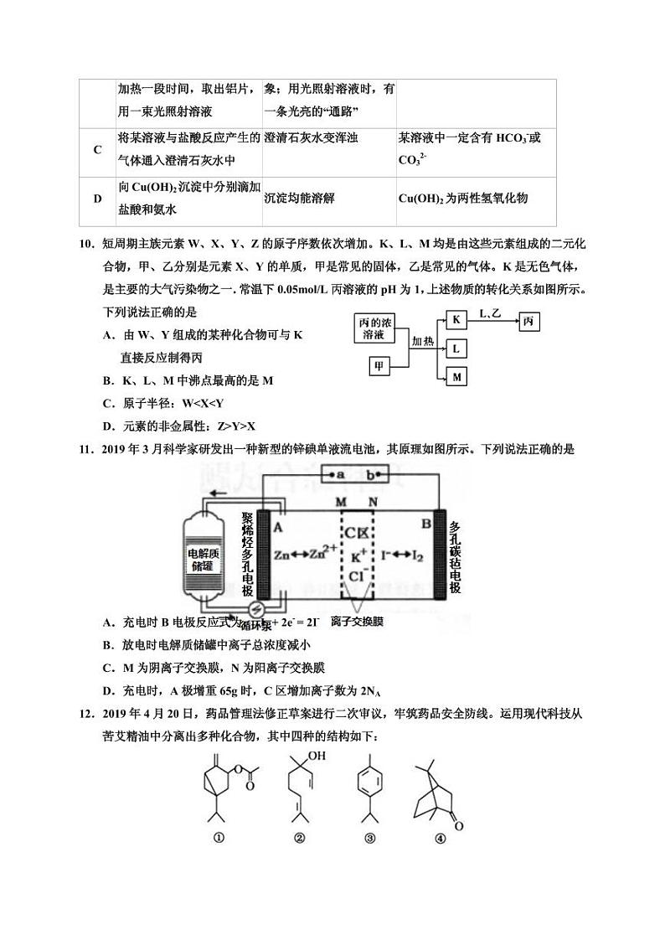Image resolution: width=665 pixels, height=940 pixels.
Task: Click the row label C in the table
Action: pyautogui.click(x=98, y=149)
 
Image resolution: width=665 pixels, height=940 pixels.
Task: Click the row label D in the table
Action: pyautogui.click(x=98, y=199)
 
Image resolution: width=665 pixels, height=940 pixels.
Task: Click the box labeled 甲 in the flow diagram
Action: pyautogui.click(x=378, y=366)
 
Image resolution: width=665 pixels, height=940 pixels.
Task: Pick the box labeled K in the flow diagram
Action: pyautogui.click(x=456, y=319)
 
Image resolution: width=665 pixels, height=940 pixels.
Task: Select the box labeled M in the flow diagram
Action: pyautogui.click(x=456, y=377)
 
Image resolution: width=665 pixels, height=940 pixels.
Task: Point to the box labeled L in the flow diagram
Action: pyautogui.click(x=456, y=348)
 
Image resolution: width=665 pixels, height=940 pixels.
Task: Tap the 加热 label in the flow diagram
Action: pyautogui.click(x=423, y=342)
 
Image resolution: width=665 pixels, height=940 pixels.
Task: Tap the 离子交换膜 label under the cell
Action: pyautogui.click(x=357, y=622)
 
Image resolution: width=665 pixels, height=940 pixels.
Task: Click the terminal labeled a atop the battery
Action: pyautogui.click(x=341, y=475)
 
